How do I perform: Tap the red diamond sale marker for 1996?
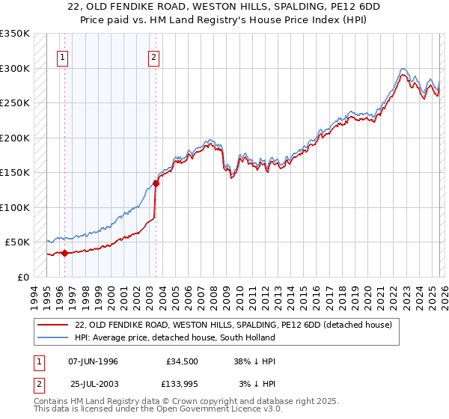pyautogui.click(x=64, y=253)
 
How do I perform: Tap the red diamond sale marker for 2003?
pyautogui.click(x=156, y=183)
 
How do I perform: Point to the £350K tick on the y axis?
pyautogui.click(x=15, y=34)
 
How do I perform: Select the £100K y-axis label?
pyautogui.click(x=15, y=207)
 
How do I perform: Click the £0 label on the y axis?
pyautogui.click(x=22, y=277)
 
